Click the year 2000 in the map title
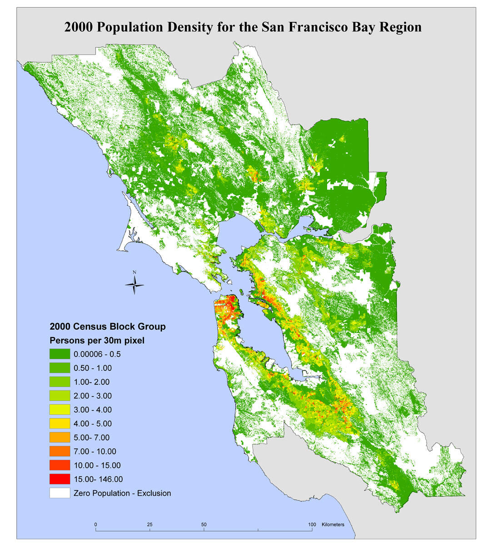click(78, 27)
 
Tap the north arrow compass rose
click(134, 284)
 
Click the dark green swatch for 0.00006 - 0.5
click(60, 354)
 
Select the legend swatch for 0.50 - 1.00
click(60, 368)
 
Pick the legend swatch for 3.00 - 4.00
click(60, 410)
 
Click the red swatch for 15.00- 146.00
click(60, 479)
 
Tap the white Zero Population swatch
click(60, 493)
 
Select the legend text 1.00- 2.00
click(91, 382)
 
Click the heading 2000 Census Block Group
click(107, 327)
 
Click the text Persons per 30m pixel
click(97, 340)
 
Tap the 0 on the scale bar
click(95, 524)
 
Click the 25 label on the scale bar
click(150, 524)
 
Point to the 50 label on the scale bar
click(204, 524)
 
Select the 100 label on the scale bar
click(312, 524)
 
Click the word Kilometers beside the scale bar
click(333, 524)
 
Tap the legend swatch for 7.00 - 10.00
click(60, 451)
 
